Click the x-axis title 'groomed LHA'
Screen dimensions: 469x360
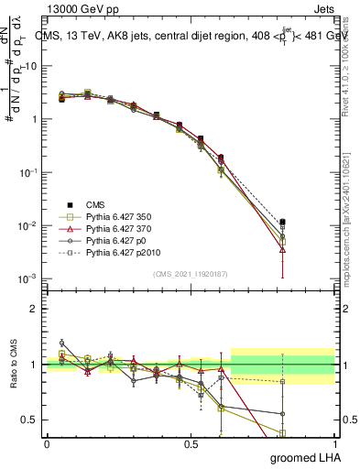pyautogui.click(x=300, y=457)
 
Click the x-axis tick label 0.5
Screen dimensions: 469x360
pyautogui.click(x=191, y=443)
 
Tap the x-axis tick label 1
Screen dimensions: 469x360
pyautogui.click(x=333, y=443)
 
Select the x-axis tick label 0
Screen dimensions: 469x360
pyautogui.click(x=47, y=443)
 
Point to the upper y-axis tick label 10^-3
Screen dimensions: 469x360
pyautogui.click(x=28, y=278)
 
